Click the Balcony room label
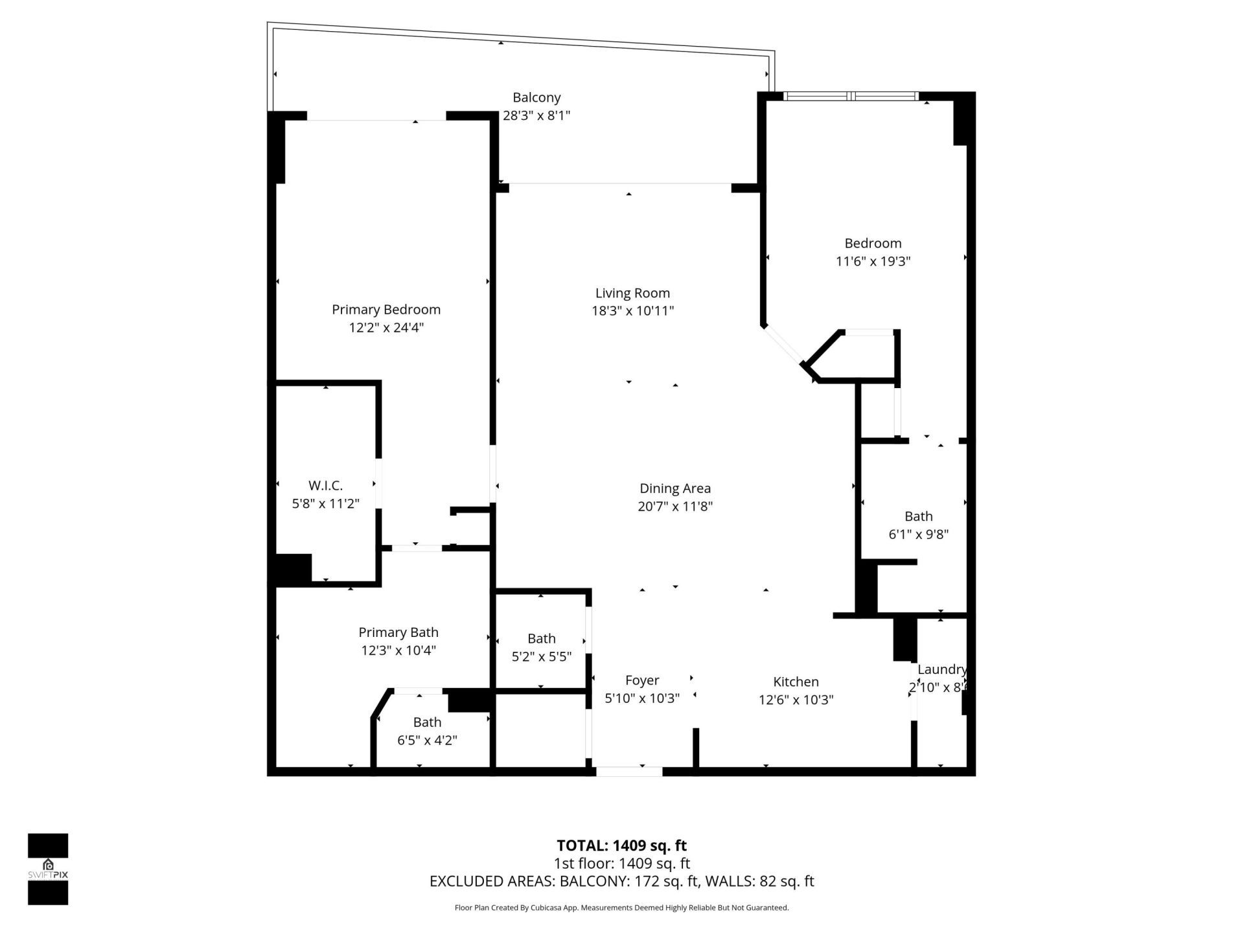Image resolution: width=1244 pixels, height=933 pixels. [536, 98]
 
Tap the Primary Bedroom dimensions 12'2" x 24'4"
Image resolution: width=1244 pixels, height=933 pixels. [386, 328]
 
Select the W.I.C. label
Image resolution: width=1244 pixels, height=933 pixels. [325, 485]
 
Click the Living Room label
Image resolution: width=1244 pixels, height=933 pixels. [632, 293]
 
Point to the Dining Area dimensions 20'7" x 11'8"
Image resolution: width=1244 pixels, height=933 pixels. [675, 507]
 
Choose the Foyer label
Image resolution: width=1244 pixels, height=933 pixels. [641, 680]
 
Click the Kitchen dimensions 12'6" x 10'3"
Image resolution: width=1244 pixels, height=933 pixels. [796, 700]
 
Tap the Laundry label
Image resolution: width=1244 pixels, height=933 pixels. [941, 670]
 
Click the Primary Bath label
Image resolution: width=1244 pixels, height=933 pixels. [398, 632]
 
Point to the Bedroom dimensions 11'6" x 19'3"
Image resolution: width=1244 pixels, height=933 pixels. [873, 262]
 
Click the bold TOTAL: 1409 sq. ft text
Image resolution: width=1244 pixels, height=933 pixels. [621, 846]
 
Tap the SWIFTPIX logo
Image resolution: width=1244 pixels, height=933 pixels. [48, 869]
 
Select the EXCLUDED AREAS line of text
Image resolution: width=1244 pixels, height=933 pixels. [621, 881]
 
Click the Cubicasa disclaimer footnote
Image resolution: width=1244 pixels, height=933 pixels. [621, 908]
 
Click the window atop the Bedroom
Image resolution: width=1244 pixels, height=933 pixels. [851, 97]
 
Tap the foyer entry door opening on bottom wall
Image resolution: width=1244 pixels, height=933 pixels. [629, 772]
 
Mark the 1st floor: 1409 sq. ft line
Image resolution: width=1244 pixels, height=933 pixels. [621, 864]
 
